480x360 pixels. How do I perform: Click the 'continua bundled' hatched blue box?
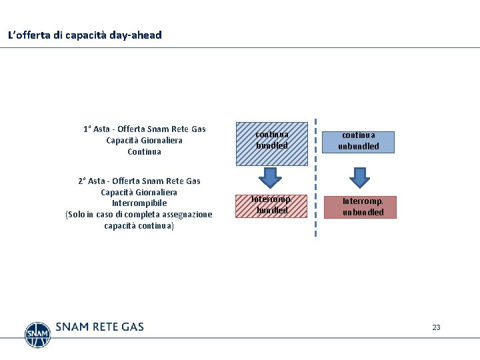point(272,143)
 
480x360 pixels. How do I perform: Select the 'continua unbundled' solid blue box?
point(359,141)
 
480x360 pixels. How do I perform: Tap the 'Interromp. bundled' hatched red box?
point(272,205)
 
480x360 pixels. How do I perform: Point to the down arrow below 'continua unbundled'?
point(360,178)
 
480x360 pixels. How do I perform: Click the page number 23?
point(436,327)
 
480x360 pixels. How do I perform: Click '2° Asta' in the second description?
point(91,181)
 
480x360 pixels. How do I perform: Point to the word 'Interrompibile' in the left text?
point(139,203)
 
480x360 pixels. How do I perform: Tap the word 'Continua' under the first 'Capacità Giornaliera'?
point(144,152)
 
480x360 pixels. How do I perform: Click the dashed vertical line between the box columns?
point(315,180)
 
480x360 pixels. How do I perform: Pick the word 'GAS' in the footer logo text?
point(133,327)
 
